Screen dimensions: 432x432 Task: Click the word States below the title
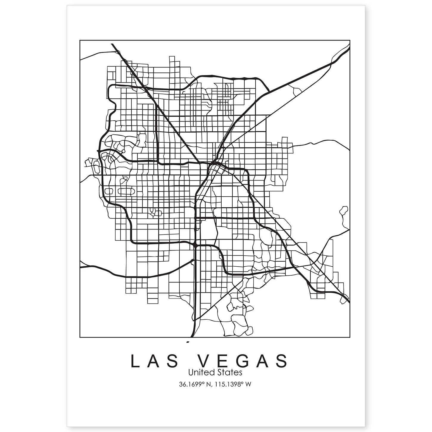point(229,372)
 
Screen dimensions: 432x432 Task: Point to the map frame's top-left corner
point(80,40)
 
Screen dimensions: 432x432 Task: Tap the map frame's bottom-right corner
point(350,338)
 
